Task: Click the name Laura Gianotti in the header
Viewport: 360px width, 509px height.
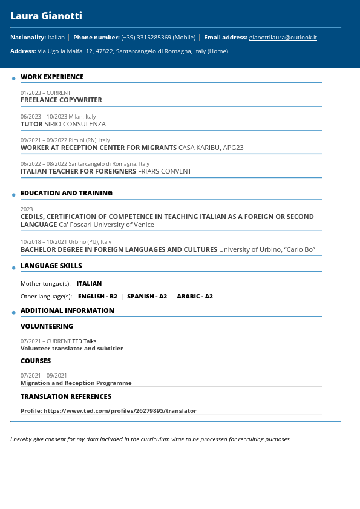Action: [x=46, y=16]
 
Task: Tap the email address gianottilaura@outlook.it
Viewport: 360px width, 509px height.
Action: [x=283, y=38]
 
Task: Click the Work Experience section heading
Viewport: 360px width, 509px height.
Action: [x=52, y=77]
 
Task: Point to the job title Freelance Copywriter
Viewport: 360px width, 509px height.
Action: [x=61, y=100]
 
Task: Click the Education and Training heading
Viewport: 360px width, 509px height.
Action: [x=67, y=193]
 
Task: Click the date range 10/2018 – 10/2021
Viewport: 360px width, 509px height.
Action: [x=44, y=242]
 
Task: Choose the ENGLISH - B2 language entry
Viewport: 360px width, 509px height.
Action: [x=97, y=297]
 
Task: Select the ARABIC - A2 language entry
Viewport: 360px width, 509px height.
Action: [x=195, y=297]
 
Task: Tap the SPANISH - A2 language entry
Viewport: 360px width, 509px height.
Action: [x=147, y=297]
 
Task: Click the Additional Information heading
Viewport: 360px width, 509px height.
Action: [x=67, y=310]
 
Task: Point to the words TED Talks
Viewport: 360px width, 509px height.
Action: [x=84, y=341]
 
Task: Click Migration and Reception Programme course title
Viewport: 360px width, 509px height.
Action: [x=76, y=383]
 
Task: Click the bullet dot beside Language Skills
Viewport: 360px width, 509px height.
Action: [x=14, y=268]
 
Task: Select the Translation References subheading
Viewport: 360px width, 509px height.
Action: [x=66, y=396]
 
